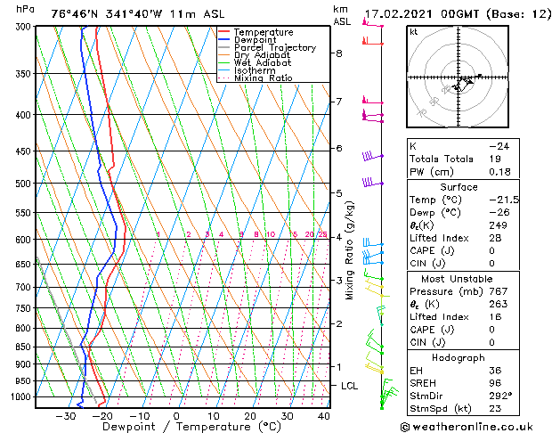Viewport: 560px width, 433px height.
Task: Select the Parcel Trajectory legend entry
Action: tap(274, 48)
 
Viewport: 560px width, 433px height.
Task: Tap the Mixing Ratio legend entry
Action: tap(263, 78)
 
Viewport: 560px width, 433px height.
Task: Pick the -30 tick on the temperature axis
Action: tap(65, 416)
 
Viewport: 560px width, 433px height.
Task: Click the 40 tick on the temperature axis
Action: tap(324, 416)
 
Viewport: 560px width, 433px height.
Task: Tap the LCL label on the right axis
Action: tap(350, 385)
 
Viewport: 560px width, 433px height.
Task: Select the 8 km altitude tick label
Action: tap(339, 53)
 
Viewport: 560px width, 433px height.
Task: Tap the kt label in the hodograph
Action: tap(414, 31)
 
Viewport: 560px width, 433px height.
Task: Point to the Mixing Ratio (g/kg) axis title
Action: tap(349, 249)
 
